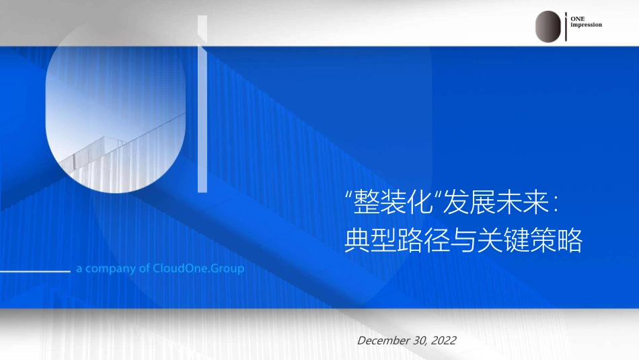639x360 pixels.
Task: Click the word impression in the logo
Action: click(586, 25)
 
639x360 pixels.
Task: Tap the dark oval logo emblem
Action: click(548, 26)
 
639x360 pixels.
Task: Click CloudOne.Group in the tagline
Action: click(198, 268)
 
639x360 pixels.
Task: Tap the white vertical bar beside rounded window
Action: click(202, 104)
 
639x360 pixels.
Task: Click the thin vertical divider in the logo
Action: click(567, 26)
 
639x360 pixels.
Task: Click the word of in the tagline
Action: click(145, 268)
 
